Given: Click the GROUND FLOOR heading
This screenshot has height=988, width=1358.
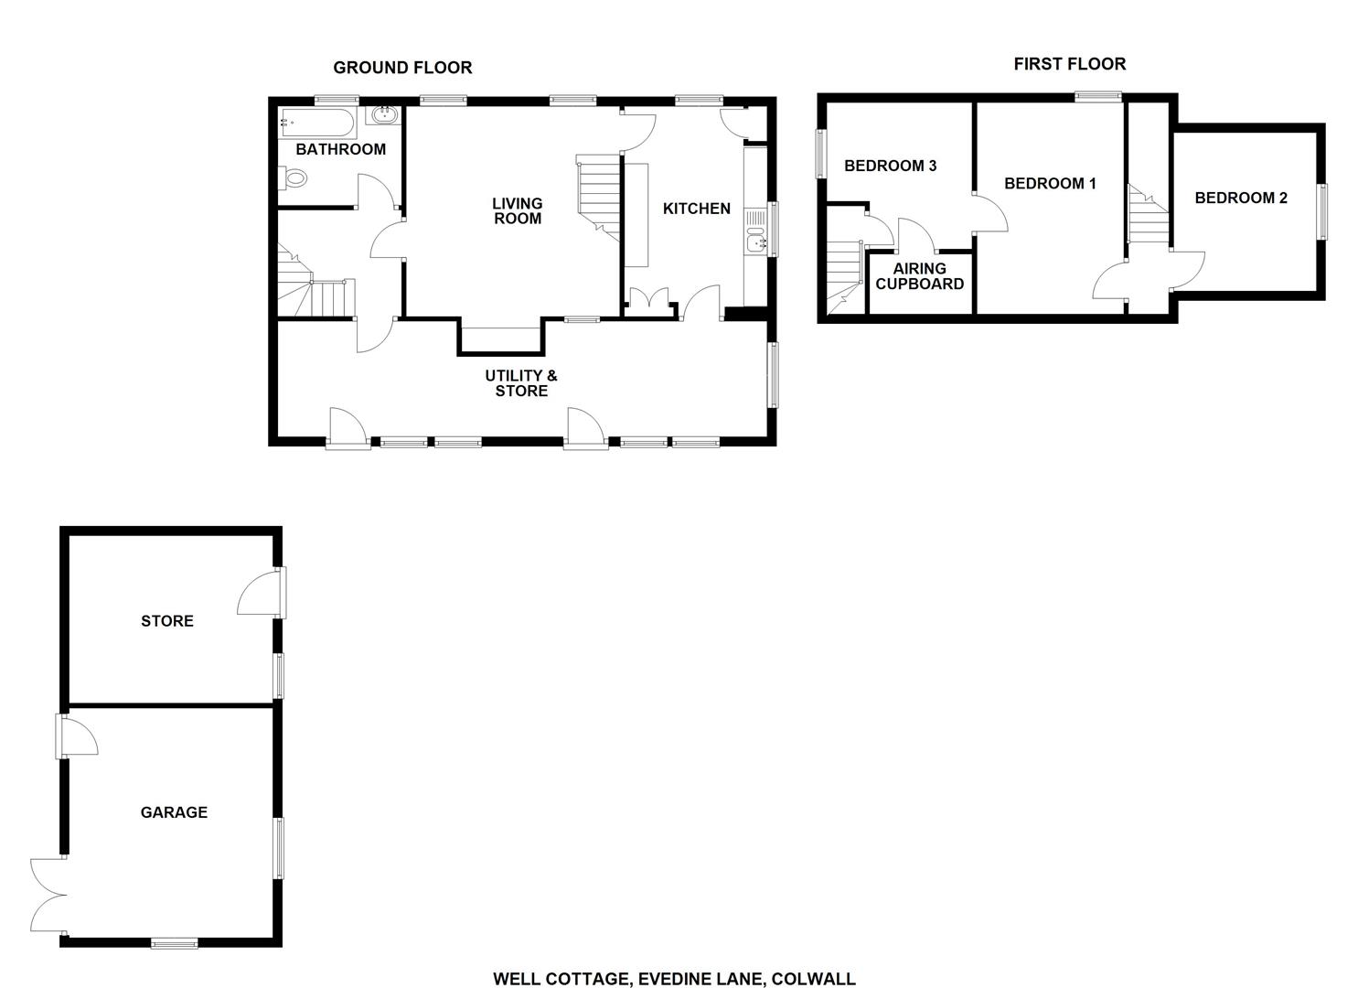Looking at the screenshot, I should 402,68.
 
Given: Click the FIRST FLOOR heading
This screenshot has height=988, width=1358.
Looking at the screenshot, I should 1069,64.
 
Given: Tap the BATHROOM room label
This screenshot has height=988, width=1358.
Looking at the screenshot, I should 340,149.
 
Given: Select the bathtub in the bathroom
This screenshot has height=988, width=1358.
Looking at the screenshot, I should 316,120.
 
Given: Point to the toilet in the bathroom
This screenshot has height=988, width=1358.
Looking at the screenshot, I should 294,178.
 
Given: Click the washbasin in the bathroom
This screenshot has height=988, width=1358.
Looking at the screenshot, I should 382,115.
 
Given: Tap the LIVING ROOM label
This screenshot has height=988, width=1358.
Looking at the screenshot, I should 517,211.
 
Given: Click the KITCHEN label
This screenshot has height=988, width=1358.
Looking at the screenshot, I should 696,209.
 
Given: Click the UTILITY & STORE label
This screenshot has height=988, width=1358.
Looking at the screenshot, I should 521,383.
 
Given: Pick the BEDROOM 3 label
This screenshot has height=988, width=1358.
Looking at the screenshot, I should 890,166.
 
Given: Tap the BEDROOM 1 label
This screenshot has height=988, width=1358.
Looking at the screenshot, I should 1050,184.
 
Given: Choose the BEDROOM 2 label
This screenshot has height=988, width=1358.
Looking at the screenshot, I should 1241,198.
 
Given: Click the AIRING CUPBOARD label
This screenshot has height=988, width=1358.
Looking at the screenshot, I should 919,276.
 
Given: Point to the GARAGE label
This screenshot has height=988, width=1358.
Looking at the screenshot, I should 174,812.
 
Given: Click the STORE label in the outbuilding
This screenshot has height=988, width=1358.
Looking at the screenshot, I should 167,621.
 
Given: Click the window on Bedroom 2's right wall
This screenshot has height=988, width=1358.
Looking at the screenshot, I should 1321,211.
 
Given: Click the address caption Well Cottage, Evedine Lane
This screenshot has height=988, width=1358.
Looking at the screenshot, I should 674,979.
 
